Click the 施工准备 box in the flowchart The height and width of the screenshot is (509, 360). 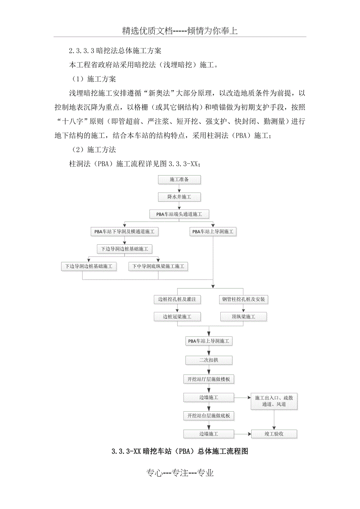click(179, 179)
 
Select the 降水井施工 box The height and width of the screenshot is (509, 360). click(179, 197)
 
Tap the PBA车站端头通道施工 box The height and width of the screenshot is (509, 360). click(179, 214)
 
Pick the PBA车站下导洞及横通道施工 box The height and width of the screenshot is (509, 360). click(124, 232)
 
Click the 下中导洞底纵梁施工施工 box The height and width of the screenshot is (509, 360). click(158, 267)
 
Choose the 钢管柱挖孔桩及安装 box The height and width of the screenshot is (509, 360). click(243, 300)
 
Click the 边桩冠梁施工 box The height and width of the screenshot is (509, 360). click(177, 317)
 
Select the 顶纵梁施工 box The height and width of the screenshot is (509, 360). click(243, 317)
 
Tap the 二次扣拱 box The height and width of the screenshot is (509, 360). click(209, 360)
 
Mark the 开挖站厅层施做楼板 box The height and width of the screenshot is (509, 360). click(209, 379)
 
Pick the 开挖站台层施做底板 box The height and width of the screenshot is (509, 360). click(209, 416)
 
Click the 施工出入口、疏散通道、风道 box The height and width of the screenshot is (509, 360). click(274, 401)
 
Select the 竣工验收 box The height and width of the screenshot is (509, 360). click(274, 434)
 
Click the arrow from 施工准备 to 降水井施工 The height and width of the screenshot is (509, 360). click(179, 188)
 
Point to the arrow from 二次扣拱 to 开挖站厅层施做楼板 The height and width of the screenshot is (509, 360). click(209, 369)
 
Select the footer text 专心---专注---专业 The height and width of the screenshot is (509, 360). click(180, 473)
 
